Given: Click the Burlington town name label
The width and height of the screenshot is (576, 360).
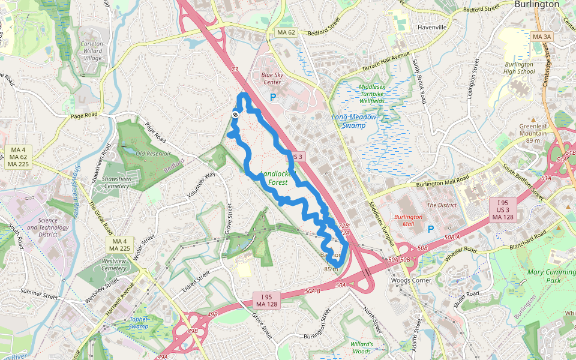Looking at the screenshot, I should (x=537, y=4).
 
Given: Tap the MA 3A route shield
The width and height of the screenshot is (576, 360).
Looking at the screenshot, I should (x=542, y=37).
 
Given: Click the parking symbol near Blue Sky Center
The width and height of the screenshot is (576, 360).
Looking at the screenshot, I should (x=273, y=97).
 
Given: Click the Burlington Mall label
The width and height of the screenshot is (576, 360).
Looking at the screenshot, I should (x=408, y=220).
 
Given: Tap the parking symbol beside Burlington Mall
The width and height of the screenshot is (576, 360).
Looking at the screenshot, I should (x=430, y=229).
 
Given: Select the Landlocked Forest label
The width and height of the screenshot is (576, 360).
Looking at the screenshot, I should (x=277, y=178).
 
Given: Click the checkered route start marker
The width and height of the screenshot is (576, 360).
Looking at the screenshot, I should (x=235, y=114).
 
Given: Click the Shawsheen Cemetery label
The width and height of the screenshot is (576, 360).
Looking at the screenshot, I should (x=116, y=182).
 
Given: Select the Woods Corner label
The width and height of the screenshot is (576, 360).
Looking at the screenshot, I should (x=411, y=280).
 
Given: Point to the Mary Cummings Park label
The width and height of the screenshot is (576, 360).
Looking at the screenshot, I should (x=551, y=276).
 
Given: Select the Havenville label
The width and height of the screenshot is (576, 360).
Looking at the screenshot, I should (x=431, y=27).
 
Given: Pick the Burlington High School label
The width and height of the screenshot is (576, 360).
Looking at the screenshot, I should (x=519, y=68).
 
